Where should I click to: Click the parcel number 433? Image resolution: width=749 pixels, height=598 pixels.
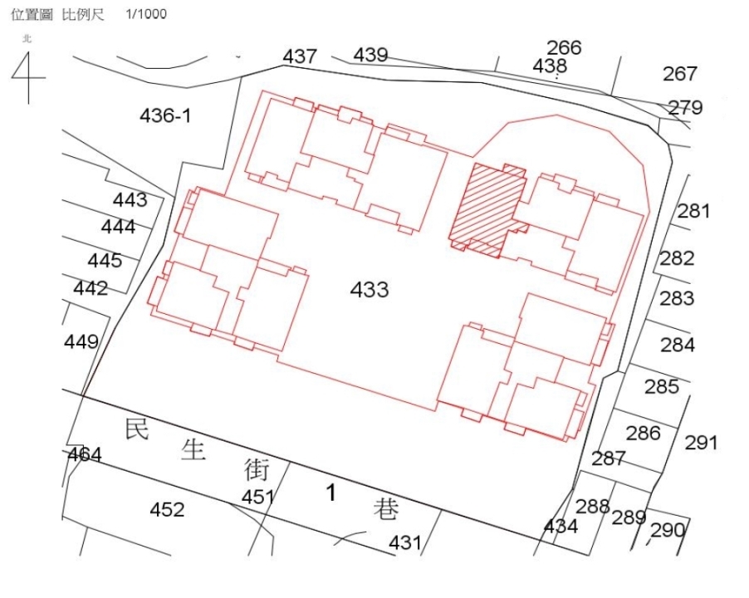[x=370, y=289]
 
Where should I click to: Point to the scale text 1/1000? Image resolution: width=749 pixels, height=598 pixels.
[x=146, y=14]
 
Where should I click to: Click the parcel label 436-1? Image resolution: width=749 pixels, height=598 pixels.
[x=165, y=115]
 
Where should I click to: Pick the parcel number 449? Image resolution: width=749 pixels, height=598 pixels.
[x=81, y=341]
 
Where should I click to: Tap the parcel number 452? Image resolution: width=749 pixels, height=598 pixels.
[x=167, y=510]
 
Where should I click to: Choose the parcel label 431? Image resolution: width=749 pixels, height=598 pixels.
[x=405, y=542]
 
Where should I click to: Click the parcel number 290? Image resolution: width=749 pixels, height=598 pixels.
[x=668, y=530]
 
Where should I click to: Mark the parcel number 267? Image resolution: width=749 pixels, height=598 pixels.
[x=680, y=74]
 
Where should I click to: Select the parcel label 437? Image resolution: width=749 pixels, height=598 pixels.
[x=300, y=56]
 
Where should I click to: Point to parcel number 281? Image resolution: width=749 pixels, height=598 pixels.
[x=693, y=211]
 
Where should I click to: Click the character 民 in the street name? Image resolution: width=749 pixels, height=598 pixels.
[x=137, y=429]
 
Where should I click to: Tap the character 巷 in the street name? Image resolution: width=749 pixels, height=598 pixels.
[x=386, y=509]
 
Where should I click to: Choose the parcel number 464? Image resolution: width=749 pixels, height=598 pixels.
[x=85, y=454]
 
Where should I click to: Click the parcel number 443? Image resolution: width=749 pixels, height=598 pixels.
[x=130, y=199]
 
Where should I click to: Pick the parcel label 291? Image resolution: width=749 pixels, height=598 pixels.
[x=701, y=443]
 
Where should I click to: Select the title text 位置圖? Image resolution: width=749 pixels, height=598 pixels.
[x=32, y=14]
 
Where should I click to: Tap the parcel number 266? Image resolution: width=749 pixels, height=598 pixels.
[x=564, y=48]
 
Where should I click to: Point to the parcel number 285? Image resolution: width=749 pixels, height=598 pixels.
[x=662, y=386]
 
